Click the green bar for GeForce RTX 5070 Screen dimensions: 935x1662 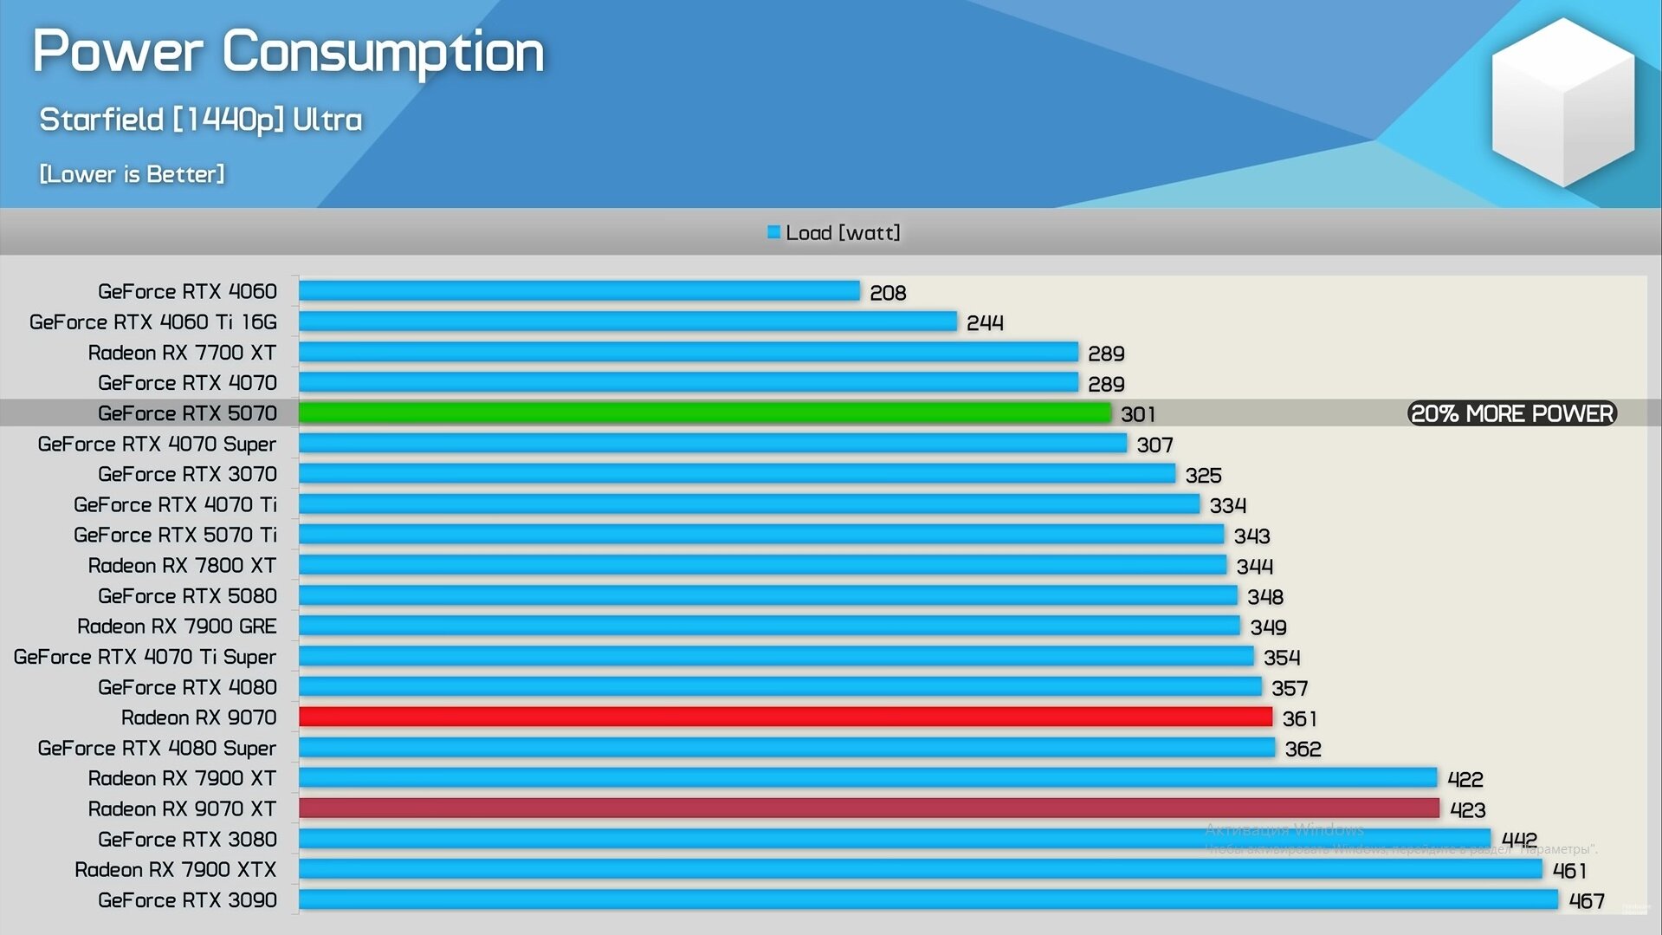(x=704, y=412)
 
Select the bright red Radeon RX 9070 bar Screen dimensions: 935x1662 (x=785, y=717)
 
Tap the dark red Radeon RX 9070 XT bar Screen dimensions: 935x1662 (x=869, y=808)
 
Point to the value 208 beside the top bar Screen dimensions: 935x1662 (x=888, y=293)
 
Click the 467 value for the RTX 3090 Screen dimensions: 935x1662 (x=1587, y=901)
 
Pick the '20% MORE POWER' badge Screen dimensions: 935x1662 (x=1511, y=413)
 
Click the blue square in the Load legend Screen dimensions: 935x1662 (x=773, y=232)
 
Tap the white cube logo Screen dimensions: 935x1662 (x=1562, y=102)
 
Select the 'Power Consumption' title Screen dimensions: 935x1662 (x=288, y=51)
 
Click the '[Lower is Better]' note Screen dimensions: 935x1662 (x=132, y=174)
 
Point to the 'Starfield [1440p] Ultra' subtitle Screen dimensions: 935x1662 (x=200, y=120)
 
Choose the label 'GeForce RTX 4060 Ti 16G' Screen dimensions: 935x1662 (x=153, y=322)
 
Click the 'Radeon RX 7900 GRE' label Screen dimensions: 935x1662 (x=177, y=627)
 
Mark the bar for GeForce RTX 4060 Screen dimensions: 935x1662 (x=579, y=290)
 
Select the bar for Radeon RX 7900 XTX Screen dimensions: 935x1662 (x=920, y=869)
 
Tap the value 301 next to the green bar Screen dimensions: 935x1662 (x=1138, y=414)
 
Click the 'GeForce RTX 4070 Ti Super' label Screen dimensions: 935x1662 (x=145, y=657)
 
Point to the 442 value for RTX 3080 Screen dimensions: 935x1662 (x=1519, y=840)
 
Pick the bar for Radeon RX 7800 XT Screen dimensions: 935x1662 (x=762, y=565)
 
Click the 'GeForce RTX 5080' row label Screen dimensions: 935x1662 (x=187, y=596)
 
